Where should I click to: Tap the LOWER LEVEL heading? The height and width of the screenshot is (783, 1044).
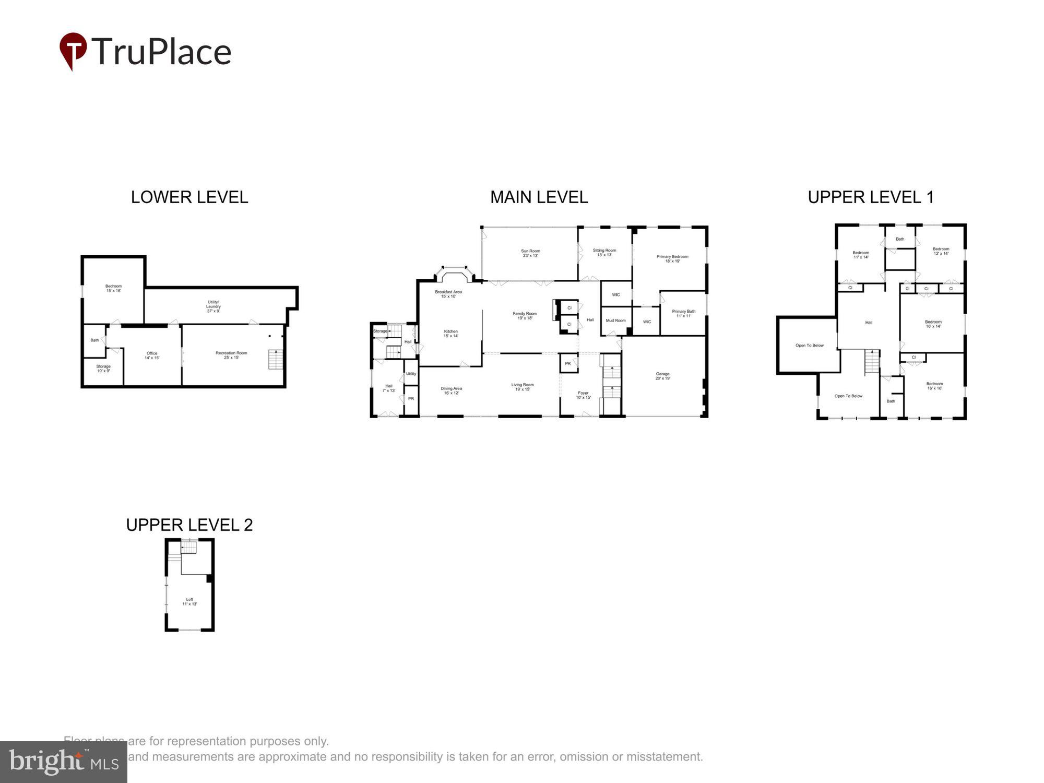pyautogui.click(x=189, y=197)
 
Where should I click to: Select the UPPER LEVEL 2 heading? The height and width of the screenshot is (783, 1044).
pyautogui.click(x=189, y=525)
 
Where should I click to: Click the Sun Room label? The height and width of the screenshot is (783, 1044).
pyautogui.click(x=530, y=253)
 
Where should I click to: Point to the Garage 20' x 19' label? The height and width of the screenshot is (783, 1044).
pyautogui.click(x=662, y=376)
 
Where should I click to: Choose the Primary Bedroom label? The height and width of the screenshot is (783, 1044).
pyautogui.click(x=672, y=258)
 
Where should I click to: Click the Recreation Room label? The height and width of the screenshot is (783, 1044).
pyautogui.click(x=231, y=355)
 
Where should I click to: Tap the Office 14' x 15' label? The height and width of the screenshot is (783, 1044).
pyautogui.click(x=152, y=355)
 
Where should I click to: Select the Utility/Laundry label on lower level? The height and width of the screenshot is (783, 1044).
pyautogui.click(x=213, y=306)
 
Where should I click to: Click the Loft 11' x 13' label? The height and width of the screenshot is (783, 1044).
pyautogui.click(x=189, y=601)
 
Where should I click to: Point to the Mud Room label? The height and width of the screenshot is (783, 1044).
pyautogui.click(x=615, y=321)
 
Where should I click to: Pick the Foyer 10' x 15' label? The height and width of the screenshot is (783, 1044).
pyautogui.click(x=583, y=395)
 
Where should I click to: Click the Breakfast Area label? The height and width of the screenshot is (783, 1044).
pyautogui.click(x=448, y=294)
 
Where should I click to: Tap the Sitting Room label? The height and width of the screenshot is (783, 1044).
pyautogui.click(x=604, y=252)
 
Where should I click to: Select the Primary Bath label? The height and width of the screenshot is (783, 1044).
pyautogui.click(x=683, y=313)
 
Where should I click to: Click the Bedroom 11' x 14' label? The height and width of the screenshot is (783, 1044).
pyautogui.click(x=861, y=255)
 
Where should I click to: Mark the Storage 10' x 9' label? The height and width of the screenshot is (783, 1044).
pyautogui.click(x=103, y=369)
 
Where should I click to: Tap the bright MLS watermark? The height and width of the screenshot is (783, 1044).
pyautogui.click(x=63, y=762)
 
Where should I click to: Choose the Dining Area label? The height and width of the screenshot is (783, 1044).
pyautogui.click(x=451, y=390)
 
